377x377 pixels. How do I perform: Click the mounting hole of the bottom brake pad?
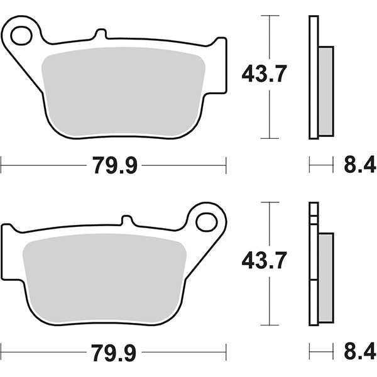(205, 221)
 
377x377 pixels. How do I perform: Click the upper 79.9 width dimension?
(114, 167)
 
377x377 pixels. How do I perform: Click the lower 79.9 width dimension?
(114, 351)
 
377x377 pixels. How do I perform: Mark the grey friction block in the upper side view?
(326, 91)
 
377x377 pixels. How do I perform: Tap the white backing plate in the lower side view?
(314, 264)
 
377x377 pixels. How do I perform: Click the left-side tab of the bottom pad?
(9, 251)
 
